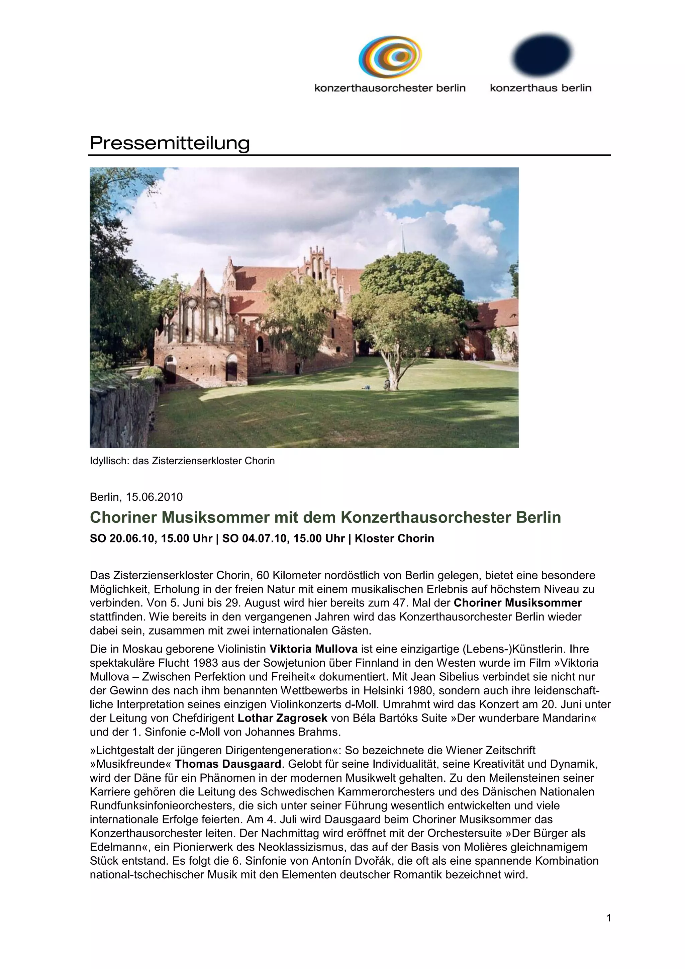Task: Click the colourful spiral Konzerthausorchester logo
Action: coord(390,58)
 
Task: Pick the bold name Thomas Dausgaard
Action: coord(228,764)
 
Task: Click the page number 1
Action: coord(608,917)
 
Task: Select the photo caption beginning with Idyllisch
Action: coord(182,461)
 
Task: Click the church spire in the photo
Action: coord(403,238)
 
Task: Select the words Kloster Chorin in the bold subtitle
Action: coord(394,539)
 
